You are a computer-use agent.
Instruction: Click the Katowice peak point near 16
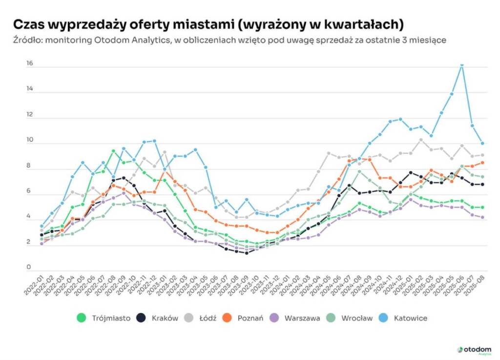(462, 64)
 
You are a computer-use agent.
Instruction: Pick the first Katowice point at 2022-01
(42, 226)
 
